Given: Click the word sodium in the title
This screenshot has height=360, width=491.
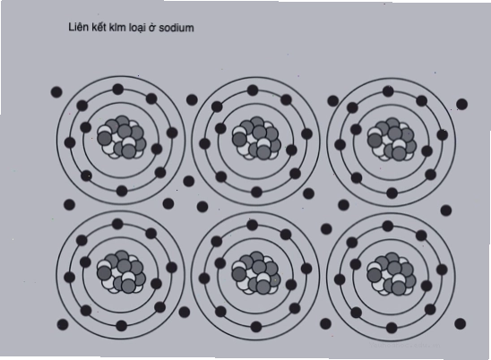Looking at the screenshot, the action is [x=177, y=28].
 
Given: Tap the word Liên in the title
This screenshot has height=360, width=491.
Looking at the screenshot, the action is [x=78, y=27].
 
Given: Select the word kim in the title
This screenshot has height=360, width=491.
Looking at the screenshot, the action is [x=116, y=28].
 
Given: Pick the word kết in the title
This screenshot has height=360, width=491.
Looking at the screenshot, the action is [x=99, y=27].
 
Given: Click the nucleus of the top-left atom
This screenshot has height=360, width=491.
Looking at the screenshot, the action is [x=122, y=137].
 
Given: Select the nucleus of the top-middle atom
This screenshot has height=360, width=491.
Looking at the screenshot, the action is [x=256, y=138].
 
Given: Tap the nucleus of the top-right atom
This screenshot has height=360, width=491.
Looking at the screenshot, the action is [x=392, y=140].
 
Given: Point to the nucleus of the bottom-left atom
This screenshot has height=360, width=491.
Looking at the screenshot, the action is [x=121, y=271].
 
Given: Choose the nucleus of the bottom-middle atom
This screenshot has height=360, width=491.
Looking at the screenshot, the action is [x=256, y=272].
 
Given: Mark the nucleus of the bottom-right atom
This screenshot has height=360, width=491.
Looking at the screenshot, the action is [x=392, y=274].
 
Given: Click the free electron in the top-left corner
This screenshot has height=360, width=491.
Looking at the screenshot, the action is [x=56, y=92].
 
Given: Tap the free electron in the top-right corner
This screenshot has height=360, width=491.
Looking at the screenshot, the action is [x=461, y=104].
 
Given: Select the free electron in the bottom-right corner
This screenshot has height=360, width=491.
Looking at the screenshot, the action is [x=460, y=323].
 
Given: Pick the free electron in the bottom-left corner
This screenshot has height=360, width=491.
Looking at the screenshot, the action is [x=63, y=324].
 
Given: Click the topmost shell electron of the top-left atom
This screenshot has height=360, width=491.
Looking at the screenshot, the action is [x=117, y=90].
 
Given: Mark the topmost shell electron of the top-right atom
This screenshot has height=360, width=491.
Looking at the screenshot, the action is [x=388, y=91].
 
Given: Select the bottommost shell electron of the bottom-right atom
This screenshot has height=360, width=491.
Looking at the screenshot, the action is [x=392, y=328].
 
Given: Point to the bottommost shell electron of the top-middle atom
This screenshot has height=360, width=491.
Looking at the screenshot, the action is [x=256, y=192].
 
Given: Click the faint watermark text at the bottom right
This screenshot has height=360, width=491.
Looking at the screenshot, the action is [x=405, y=345].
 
